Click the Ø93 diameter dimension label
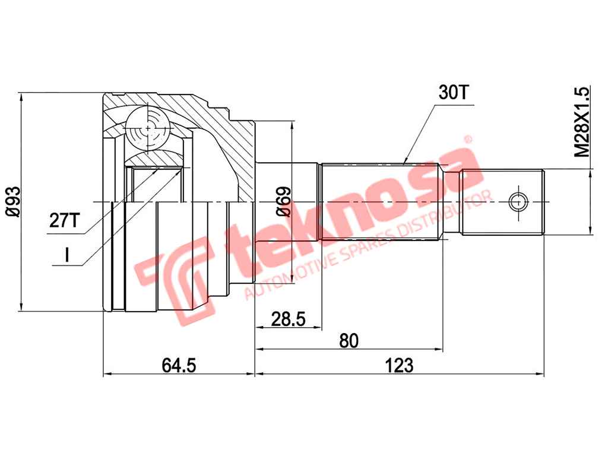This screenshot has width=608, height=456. pos(13,201)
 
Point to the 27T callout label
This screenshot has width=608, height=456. pos(64,221)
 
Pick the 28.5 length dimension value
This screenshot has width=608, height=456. pos(288,319)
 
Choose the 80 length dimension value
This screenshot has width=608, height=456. pos(349,340)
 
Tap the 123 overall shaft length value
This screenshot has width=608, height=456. pos(400,365)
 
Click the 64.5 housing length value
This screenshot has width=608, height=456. pos(179,365)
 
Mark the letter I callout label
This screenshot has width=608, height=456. pos(67,255)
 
